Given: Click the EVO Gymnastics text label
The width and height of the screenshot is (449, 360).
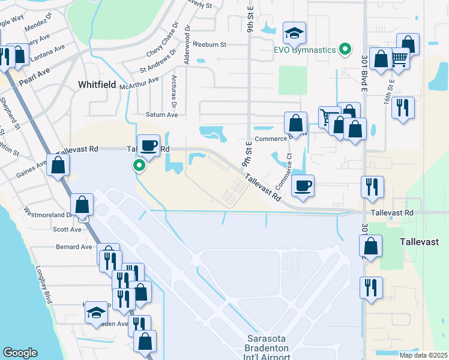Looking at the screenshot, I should (x=304, y=49).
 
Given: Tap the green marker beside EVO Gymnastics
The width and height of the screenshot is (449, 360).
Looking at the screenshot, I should (x=345, y=49).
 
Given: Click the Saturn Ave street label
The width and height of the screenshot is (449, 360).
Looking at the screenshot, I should (x=162, y=114).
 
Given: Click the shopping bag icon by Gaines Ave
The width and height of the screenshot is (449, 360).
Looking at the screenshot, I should (x=58, y=164).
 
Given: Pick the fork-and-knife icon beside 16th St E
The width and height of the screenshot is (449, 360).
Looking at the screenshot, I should (x=403, y=107).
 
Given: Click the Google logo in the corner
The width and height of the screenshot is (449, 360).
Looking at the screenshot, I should (x=20, y=353).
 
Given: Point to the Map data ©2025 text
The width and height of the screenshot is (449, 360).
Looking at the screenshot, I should (x=423, y=355).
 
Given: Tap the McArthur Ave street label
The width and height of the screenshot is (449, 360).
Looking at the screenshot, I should (x=139, y=83).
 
